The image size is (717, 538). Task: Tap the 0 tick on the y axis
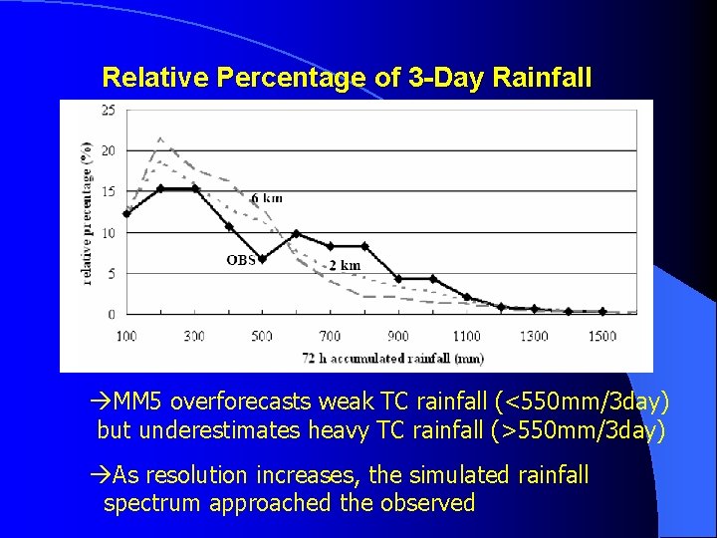click(x=111, y=314)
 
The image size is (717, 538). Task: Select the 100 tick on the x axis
click(x=126, y=336)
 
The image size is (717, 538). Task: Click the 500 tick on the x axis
click(x=262, y=336)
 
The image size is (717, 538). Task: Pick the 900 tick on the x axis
click(x=397, y=336)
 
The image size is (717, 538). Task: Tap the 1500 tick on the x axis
click(x=601, y=336)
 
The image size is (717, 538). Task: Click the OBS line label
click(x=240, y=260)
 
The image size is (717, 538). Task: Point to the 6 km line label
click(x=266, y=197)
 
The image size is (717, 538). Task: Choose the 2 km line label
click(x=345, y=265)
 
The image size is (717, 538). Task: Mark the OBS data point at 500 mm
click(x=262, y=259)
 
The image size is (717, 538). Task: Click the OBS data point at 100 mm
click(x=126, y=213)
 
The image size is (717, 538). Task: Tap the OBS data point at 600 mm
click(x=296, y=233)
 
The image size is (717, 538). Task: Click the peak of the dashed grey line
click(x=160, y=137)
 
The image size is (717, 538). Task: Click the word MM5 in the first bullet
click(x=139, y=402)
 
